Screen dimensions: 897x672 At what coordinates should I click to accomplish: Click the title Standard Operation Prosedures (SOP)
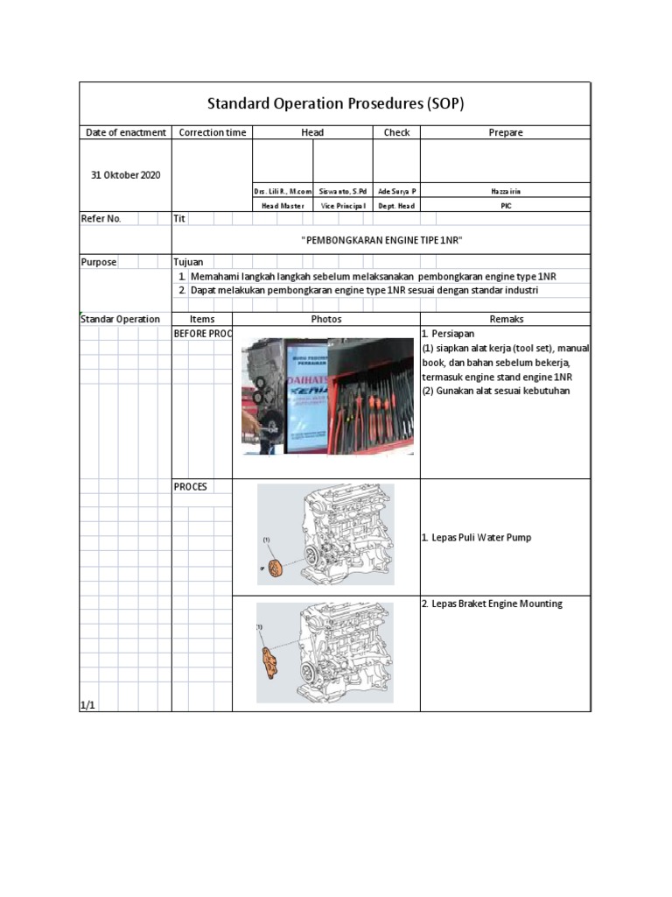pos(335,103)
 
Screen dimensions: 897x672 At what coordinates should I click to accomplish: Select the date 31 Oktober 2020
pos(126,174)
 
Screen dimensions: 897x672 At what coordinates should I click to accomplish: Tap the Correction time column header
pos(212,132)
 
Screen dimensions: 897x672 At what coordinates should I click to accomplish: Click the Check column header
pos(396,132)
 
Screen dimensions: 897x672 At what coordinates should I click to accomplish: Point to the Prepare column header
pos(506,132)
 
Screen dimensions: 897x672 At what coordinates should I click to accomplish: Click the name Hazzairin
pos(506,190)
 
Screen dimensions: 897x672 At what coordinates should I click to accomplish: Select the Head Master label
pos(283,205)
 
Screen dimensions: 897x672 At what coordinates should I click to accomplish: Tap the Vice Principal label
pos(343,205)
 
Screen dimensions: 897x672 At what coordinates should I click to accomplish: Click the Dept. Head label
pos(396,205)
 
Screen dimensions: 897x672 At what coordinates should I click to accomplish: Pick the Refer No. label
pos(101,218)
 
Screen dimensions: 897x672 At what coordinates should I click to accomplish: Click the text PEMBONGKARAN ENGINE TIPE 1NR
pos(381,240)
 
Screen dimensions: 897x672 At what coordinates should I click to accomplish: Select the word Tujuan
pos(188,262)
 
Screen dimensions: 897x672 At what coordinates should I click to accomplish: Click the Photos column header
pos(326,320)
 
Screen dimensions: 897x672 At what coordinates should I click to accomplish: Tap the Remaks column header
pos(506,320)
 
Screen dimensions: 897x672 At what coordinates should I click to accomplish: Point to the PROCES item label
pos(190,486)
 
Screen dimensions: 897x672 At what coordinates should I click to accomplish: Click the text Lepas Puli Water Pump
pos(480,538)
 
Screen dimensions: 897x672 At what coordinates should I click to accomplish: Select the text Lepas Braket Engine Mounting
pos(492,604)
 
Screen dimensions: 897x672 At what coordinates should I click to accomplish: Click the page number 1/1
pos(87,704)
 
